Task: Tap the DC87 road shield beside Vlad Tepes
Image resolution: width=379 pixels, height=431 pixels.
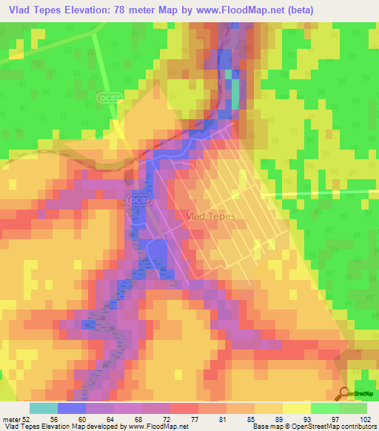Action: [x=137, y=200]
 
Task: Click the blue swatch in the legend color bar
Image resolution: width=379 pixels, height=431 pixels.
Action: [x=71, y=409]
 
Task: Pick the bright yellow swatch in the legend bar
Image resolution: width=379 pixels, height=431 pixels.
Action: [x=296, y=409]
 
